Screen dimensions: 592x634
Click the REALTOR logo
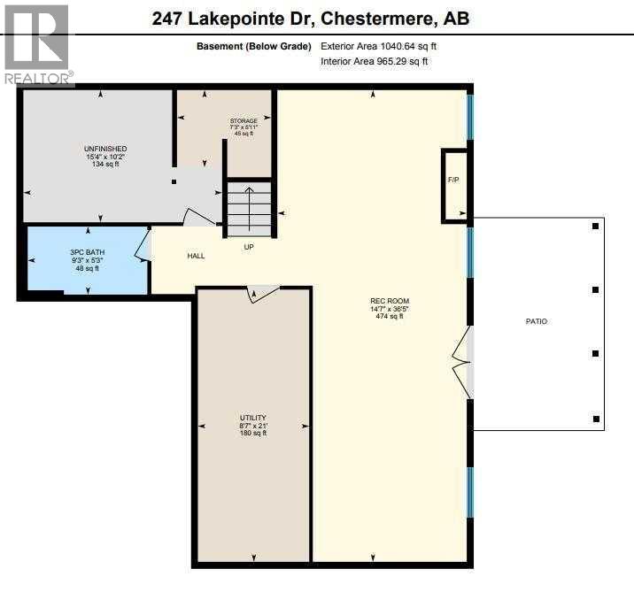coord(36,44)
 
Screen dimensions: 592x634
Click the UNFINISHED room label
coord(105,149)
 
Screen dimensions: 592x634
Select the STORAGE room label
coord(244,121)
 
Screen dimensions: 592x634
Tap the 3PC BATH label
coord(88,253)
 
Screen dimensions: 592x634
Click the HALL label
coord(196,256)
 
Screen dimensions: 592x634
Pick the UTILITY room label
coord(252,418)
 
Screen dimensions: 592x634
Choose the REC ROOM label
coord(390,301)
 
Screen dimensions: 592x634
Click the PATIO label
coord(537,321)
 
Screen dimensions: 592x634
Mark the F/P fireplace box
coord(453,182)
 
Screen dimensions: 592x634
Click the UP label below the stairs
coord(250,247)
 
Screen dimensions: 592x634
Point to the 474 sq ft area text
coord(390,316)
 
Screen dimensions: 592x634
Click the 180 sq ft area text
coord(252,433)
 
